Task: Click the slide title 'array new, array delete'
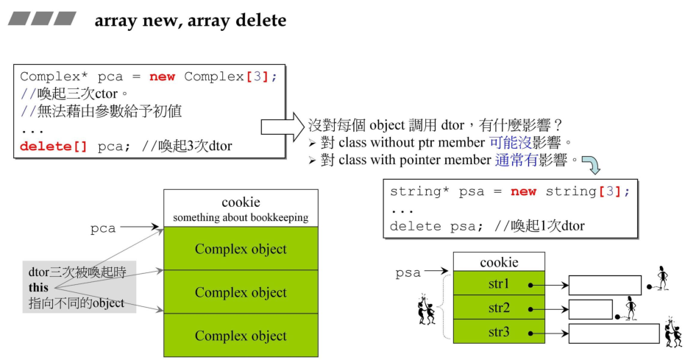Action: coord(191,20)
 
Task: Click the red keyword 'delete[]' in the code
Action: coord(53,146)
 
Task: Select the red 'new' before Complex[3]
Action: coord(162,77)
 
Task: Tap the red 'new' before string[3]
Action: coord(523,191)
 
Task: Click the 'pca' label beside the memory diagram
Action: coord(103,228)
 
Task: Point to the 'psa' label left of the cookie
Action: coord(408,272)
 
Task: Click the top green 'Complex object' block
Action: coord(241,248)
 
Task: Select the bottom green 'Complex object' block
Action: coord(241,335)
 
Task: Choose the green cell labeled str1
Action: coord(499,283)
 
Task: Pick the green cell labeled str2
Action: coord(499,307)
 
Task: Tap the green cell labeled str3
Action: coord(499,331)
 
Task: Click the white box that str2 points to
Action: coord(591,309)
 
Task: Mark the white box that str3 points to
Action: coord(614,333)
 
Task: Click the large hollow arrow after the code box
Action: coord(283,127)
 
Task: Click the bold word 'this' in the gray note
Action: coord(38,287)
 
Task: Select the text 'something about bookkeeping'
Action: coord(241,217)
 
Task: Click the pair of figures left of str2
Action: coord(427,309)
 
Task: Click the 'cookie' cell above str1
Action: coord(499,261)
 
